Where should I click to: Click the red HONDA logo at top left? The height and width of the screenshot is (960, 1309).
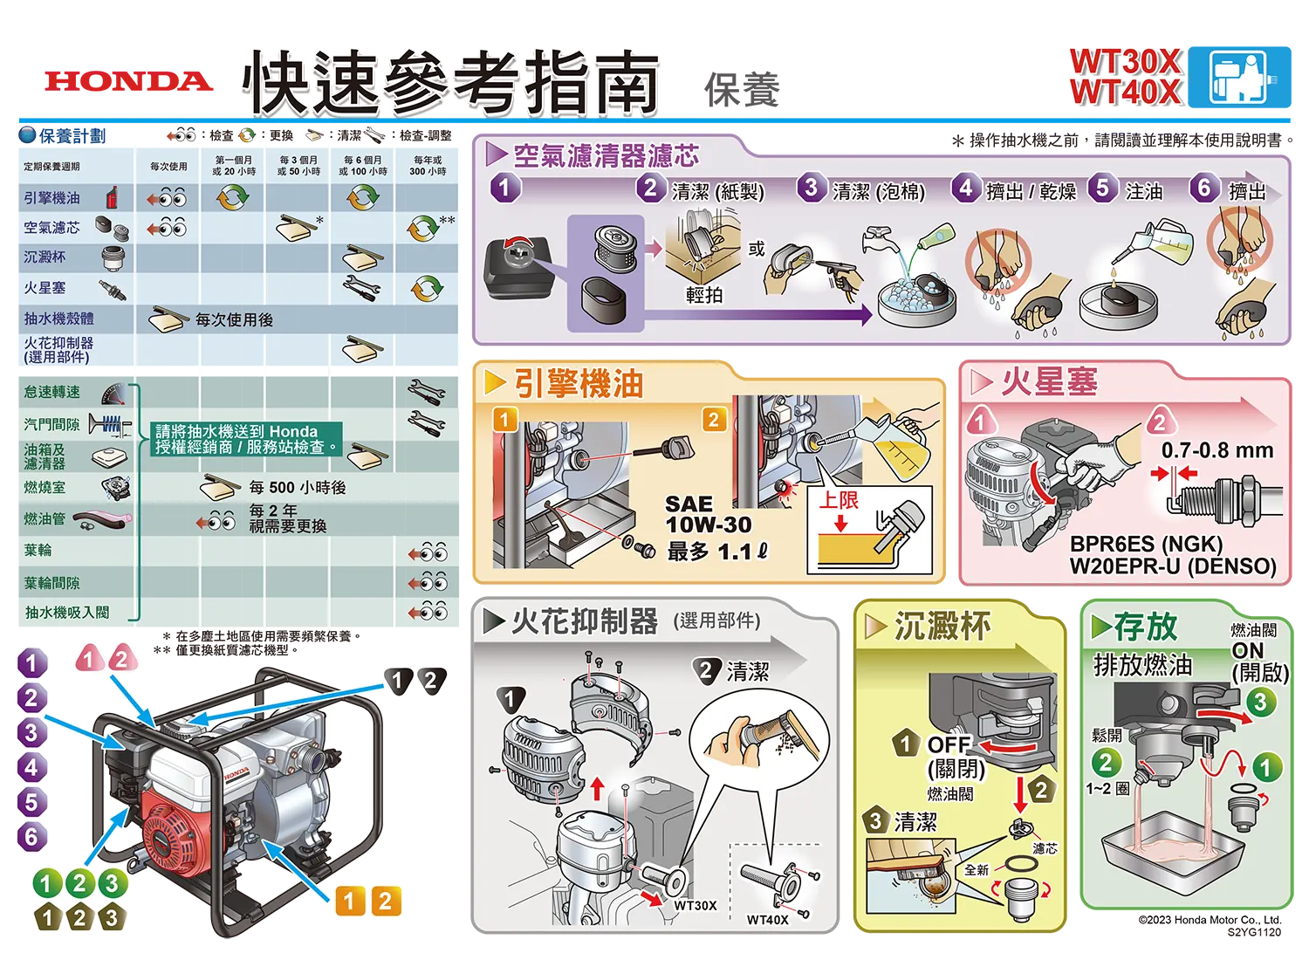pyautogui.click(x=128, y=81)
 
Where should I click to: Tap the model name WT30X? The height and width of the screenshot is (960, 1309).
pyautogui.click(x=1126, y=61)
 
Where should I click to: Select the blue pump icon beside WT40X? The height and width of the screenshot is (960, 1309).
pyautogui.click(x=1239, y=77)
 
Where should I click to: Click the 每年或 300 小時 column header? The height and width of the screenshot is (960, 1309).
pyautogui.click(x=428, y=165)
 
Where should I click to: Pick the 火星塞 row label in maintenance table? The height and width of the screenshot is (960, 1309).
pyautogui.click(x=45, y=288)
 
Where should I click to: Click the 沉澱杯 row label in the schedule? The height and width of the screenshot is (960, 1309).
pyautogui.click(x=45, y=257)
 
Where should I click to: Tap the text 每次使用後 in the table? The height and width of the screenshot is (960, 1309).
pyautogui.click(x=234, y=320)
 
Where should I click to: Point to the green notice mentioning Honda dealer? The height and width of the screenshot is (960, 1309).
pyautogui.click(x=246, y=439)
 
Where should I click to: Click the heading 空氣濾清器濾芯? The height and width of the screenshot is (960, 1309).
pyautogui.click(x=606, y=155)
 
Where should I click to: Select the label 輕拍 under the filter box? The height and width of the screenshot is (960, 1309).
pyautogui.click(x=704, y=295)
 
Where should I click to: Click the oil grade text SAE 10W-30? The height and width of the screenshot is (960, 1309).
pyautogui.click(x=709, y=514)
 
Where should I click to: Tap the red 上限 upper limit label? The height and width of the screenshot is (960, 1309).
pyautogui.click(x=839, y=500)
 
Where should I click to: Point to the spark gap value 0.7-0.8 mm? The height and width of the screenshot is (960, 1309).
pyautogui.click(x=1217, y=450)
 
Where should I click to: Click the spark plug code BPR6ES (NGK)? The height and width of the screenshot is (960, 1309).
pyautogui.click(x=1146, y=545)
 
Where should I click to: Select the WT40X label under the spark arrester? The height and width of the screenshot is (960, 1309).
pyautogui.click(x=767, y=920)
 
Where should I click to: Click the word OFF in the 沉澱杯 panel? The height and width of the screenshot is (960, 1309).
pyautogui.click(x=949, y=745)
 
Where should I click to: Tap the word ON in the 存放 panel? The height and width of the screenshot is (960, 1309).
pyautogui.click(x=1247, y=651)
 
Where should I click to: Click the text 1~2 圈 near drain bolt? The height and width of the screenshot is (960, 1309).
pyautogui.click(x=1107, y=789)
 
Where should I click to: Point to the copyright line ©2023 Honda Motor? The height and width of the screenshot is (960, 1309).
pyautogui.click(x=1210, y=920)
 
